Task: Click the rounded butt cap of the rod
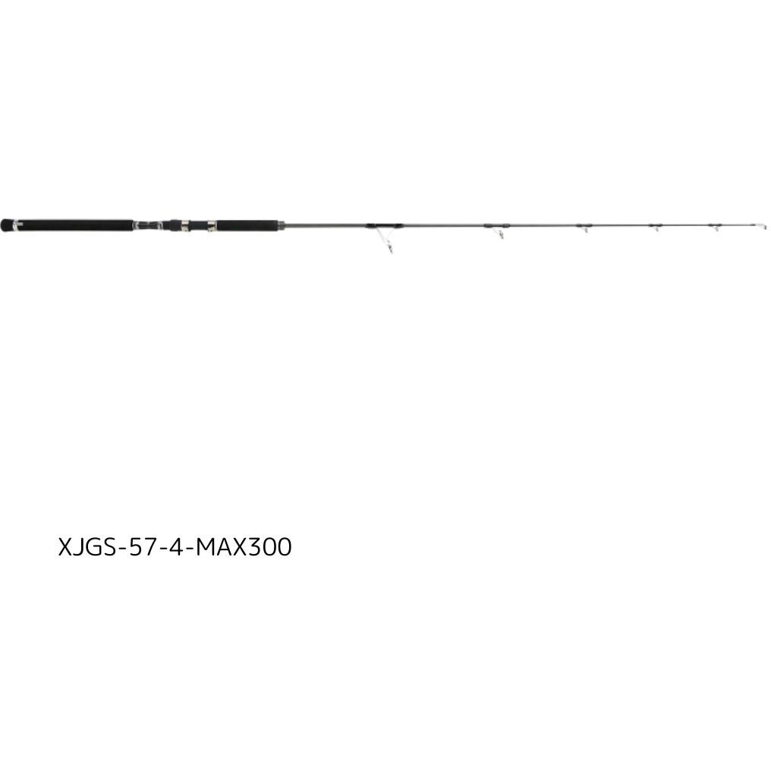tap(6, 225)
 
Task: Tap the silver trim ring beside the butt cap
tap(15, 225)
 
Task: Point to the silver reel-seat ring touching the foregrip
tap(212, 225)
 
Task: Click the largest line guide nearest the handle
tap(385, 238)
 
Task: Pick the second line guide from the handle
tap(497, 230)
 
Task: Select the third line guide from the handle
tap(584, 228)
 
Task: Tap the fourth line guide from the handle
tap(656, 227)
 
